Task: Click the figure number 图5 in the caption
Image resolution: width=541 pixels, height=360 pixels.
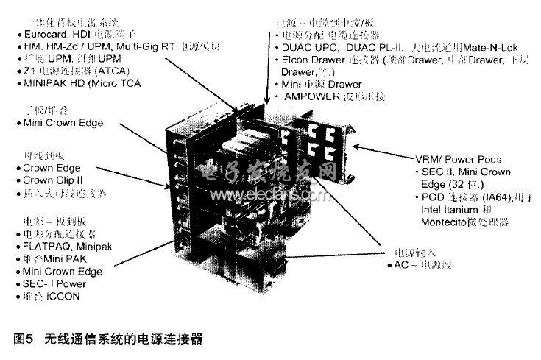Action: click(x=24, y=339)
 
